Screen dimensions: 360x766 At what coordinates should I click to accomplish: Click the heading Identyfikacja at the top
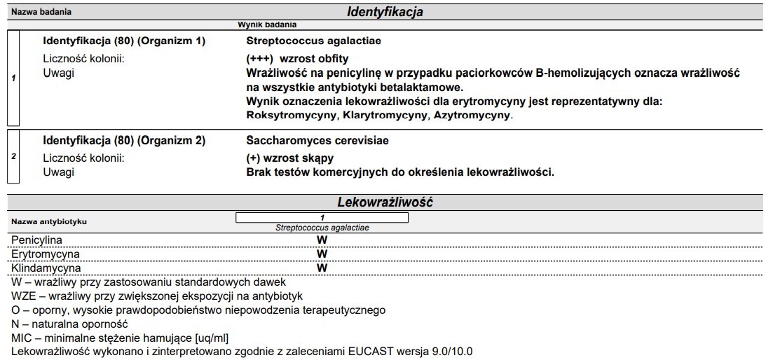coord(385,12)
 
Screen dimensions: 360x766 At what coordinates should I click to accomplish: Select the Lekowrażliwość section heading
coord(385,202)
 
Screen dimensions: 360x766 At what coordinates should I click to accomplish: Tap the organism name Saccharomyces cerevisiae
coord(308,141)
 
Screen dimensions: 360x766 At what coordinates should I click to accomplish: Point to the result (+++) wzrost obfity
coord(297,58)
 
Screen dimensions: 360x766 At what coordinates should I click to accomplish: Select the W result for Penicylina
coord(322,240)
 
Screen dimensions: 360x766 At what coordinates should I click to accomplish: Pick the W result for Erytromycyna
coord(322,253)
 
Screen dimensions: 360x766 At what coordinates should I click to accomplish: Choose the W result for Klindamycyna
coord(322,267)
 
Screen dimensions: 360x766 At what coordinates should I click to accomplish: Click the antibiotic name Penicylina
coord(36,240)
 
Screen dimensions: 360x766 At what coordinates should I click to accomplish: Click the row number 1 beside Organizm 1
coord(13,78)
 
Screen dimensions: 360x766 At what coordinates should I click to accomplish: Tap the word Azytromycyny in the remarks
coord(472,115)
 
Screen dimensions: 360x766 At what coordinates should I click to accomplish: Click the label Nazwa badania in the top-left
coord(41,12)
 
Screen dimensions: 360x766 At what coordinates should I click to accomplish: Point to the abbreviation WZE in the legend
coord(25,296)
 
